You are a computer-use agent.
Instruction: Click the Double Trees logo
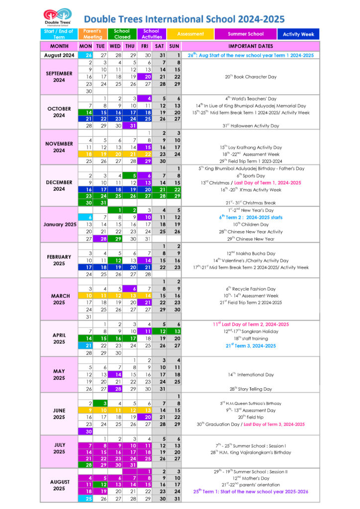point(57,18)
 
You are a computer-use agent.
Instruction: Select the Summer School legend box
point(246,34)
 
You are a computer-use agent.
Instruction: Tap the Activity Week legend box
point(298,34)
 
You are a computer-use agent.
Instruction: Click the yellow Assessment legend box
point(190,34)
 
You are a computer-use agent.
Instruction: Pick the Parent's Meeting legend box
point(92,34)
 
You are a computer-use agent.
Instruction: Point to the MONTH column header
point(59,46)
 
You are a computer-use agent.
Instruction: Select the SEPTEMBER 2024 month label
point(59,77)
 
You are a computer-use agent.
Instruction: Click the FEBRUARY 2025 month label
point(59,260)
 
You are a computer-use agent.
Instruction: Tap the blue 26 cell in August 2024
point(86,55)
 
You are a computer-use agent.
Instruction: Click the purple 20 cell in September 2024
point(145,77)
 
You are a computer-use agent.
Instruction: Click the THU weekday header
point(130,46)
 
